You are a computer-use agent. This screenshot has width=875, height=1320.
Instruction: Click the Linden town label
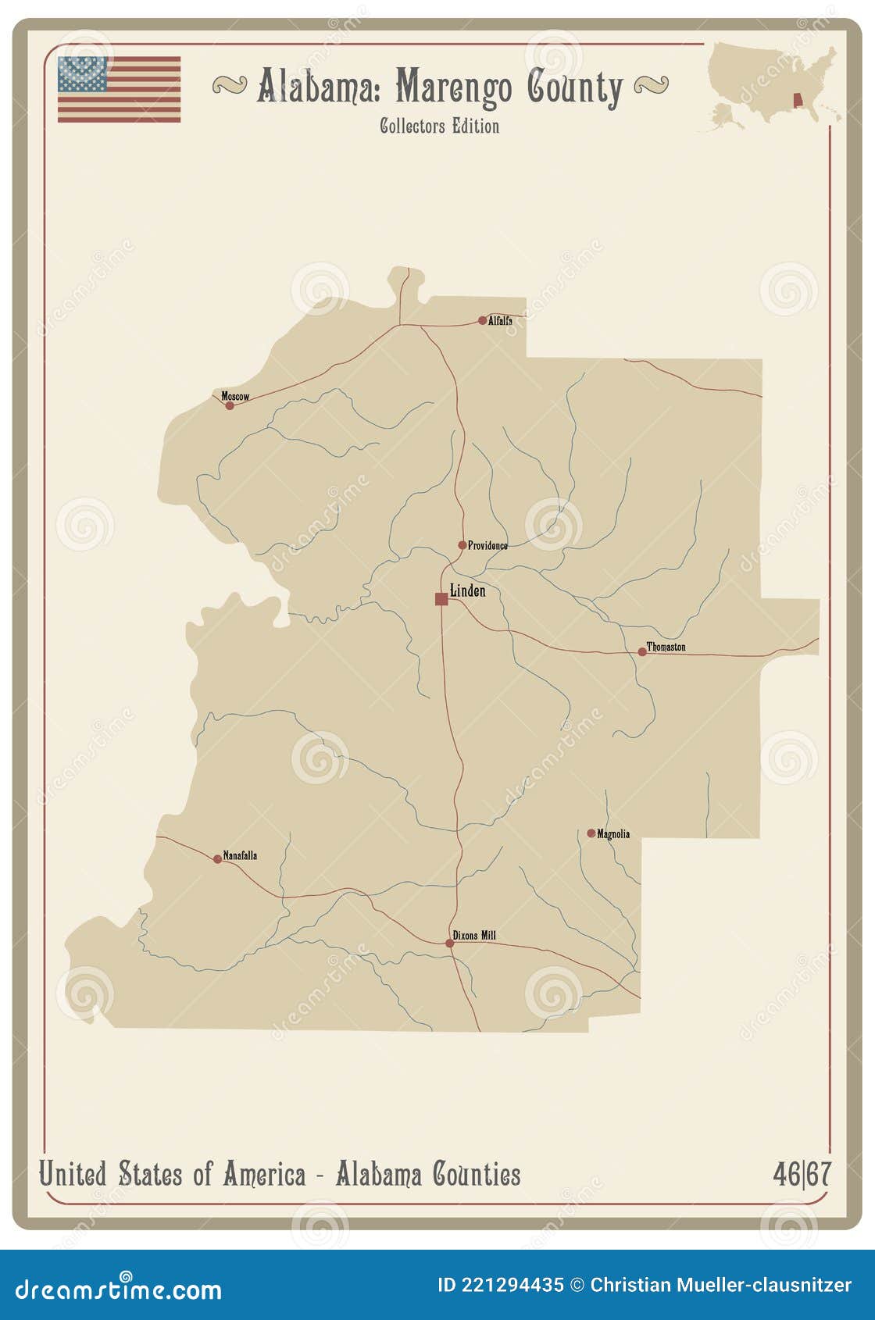coord(468,591)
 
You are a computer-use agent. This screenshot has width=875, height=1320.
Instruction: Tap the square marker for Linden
coord(441,599)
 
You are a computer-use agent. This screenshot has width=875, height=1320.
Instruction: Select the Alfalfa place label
coord(500,320)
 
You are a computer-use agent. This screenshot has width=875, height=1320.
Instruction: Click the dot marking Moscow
coord(230,405)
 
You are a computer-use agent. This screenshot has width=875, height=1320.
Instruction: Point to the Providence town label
coord(487,545)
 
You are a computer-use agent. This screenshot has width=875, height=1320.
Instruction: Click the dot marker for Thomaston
coord(642,651)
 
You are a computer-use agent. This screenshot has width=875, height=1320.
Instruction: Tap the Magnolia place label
coord(613,834)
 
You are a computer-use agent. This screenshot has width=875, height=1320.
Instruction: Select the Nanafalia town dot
coord(218,859)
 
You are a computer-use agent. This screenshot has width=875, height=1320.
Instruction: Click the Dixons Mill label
coord(474,935)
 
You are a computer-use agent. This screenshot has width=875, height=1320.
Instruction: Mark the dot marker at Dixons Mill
coord(450,944)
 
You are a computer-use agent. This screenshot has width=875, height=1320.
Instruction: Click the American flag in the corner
coord(119,89)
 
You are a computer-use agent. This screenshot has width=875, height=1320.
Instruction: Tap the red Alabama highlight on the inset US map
coord(798,102)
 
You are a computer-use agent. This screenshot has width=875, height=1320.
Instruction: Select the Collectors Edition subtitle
coord(439,126)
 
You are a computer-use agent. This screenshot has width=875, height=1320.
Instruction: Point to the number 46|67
coord(802,1174)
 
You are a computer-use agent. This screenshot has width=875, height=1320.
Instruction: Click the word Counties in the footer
coord(477,1174)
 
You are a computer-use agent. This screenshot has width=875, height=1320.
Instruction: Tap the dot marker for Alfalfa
coord(482,320)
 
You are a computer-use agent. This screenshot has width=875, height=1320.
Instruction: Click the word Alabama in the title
coord(320,87)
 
